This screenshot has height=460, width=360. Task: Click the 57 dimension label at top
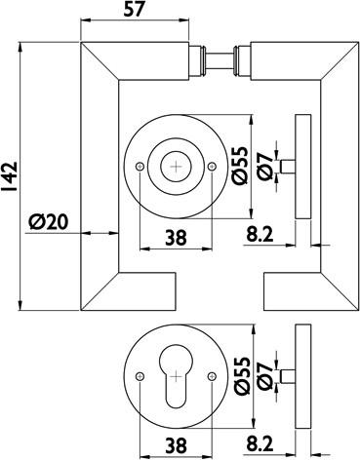pos(134,10)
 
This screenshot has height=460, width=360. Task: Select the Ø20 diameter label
pos(49,222)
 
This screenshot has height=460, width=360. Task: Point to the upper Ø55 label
pos(241,166)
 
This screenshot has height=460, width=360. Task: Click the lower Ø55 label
pos(242,376)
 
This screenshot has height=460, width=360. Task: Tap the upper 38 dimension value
pos(176,238)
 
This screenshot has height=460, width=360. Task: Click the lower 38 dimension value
pos(176,445)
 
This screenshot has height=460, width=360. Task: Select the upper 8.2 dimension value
pos(260,235)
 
